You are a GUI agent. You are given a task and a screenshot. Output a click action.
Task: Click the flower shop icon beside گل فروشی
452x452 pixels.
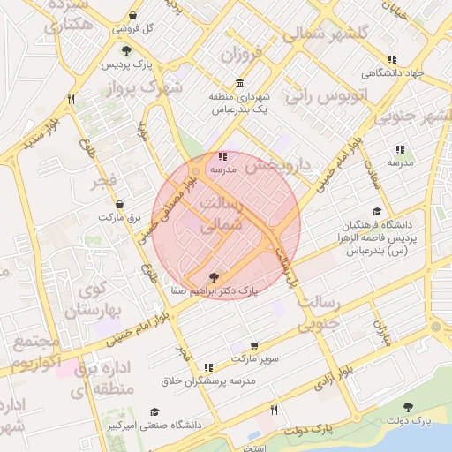(132, 16)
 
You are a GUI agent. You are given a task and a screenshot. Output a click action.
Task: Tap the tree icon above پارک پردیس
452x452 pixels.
(127, 50)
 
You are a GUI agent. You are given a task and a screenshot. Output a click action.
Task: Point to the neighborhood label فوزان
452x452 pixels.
(242, 56)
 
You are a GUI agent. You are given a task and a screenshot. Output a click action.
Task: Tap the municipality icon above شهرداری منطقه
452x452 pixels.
(240, 82)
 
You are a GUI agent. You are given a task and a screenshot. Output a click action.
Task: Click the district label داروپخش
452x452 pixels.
(278, 164)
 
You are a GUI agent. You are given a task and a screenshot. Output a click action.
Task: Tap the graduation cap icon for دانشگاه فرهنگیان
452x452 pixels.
(378, 211)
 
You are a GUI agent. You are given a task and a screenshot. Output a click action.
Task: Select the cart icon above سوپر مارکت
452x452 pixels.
(254, 346)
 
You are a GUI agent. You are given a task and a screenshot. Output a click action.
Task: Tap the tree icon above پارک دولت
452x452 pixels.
(408, 406)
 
